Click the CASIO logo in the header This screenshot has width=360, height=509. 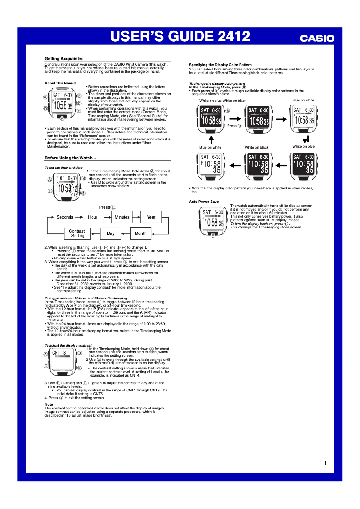(317, 39)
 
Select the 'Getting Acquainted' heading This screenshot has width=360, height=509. (64, 59)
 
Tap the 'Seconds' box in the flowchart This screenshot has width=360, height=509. (65, 217)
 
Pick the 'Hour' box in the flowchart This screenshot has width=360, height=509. (93, 217)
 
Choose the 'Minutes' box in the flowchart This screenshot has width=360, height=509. (122, 217)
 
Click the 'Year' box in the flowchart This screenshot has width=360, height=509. (151, 217)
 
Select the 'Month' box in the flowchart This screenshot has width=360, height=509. (140, 233)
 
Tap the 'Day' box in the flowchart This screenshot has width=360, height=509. (110, 233)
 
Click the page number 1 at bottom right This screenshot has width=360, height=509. (325, 463)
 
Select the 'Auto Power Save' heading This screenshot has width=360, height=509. (204, 202)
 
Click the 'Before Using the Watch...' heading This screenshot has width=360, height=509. (70, 158)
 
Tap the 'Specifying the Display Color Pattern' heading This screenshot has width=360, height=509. (220, 65)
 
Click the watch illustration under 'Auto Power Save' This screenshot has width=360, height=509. (213, 220)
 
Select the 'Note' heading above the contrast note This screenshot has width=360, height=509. (48, 404)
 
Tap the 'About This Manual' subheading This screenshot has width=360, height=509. (61, 83)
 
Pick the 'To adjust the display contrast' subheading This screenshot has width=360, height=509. (68, 345)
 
